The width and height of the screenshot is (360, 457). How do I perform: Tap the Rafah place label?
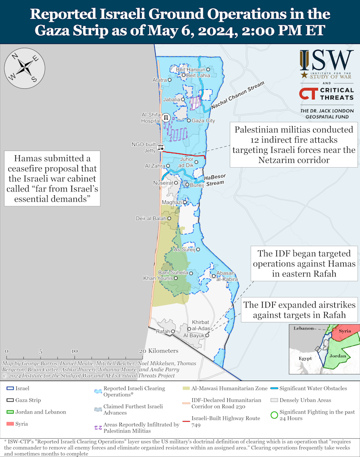click(x=163, y=331)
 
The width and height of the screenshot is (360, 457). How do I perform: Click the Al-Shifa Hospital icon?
click(x=165, y=117)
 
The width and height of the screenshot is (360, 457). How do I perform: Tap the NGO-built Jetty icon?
click(x=160, y=147)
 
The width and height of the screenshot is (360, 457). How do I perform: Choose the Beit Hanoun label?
click(x=190, y=70)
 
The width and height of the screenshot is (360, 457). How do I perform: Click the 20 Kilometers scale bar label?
click(x=159, y=351)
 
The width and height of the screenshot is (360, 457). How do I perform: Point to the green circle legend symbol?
click(x=274, y=415)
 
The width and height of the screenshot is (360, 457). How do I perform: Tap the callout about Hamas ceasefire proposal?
click(x=52, y=179)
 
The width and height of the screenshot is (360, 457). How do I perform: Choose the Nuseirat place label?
click(x=163, y=182)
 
